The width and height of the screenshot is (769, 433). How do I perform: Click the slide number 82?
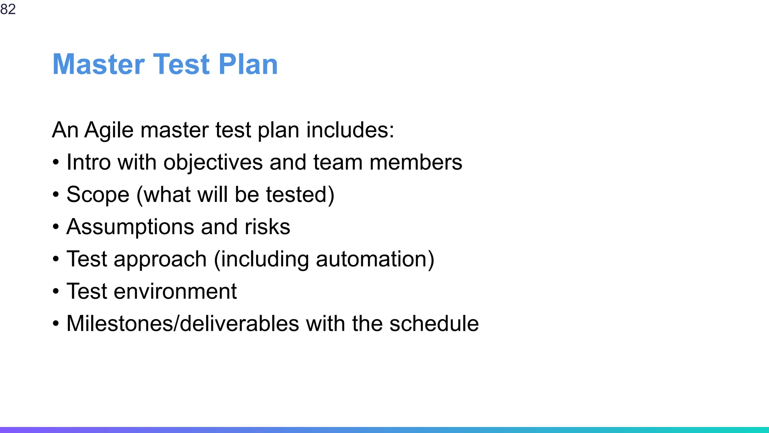click(x=8, y=9)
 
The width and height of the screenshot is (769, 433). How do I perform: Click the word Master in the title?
click(x=99, y=64)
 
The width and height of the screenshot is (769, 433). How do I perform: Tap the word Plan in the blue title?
click(x=248, y=64)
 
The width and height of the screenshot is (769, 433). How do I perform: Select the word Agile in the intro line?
click(x=109, y=130)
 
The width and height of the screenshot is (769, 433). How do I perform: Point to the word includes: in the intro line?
click(x=350, y=130)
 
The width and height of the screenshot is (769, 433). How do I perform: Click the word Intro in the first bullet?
click(x=89, y=162)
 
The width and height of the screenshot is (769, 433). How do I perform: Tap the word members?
click(x=416, y=162)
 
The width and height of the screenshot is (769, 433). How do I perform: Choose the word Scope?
click(x=98, y=195)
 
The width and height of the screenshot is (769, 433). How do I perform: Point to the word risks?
click(x=267, y=227)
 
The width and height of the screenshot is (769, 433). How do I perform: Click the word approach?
click(x=160, y=259)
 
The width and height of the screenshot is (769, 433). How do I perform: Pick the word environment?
click(x=175, y=291)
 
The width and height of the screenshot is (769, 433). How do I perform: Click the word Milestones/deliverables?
click(x=183, y=324)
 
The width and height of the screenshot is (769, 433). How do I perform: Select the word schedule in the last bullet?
click(x=434, y=324)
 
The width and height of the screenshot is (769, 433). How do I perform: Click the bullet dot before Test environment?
click(x=56, y=292)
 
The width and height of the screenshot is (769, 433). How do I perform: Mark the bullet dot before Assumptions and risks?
click(x=56, y=227)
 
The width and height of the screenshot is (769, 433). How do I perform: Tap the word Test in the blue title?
click(x=181, y=64)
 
